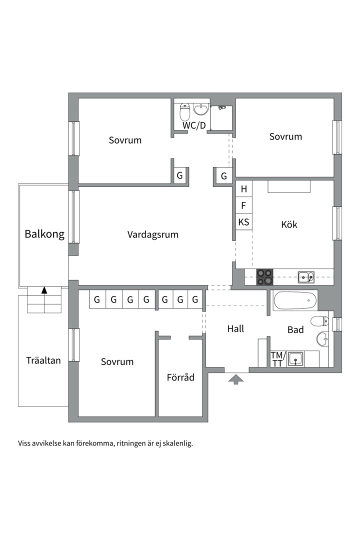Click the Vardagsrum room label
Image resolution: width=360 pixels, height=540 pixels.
tap(152, 234)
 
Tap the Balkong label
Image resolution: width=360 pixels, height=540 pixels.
tap(44, 234)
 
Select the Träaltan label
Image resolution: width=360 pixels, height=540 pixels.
tap(43, 360)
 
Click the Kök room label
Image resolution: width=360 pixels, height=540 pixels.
tap(289, 224)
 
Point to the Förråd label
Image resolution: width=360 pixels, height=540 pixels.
tap(180, 377)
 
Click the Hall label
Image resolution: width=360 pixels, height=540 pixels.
tap(235, 328)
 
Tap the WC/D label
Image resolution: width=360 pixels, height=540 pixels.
tap(193, 125)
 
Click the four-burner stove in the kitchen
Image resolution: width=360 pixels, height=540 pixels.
tap(264, 276)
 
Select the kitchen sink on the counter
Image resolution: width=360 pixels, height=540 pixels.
tap(305, 276)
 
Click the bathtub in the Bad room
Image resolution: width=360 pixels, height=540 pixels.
tap(295, 301)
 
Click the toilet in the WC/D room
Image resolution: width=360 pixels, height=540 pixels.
tap(185, 112)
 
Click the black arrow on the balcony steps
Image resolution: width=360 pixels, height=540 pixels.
tap(44, 290)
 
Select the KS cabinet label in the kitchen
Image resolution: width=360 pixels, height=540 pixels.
tap(243, 221)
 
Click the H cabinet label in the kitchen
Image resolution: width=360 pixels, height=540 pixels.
tap(243, 189)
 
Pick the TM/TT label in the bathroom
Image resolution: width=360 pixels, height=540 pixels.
tap(277, 359)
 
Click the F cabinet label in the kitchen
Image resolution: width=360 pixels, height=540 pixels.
tap(243, 205)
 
